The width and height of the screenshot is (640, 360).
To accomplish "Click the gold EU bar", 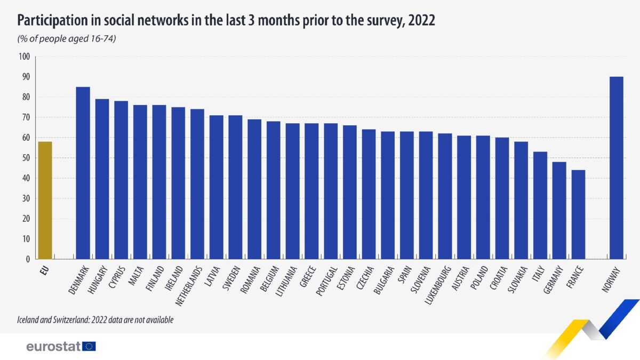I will click(45, 201).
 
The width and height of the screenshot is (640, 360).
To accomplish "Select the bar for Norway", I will click(616, 168).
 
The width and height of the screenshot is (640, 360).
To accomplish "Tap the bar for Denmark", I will click(83, 173).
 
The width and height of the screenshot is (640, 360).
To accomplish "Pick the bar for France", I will click(578, 215).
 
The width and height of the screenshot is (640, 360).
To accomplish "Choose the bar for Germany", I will click(559, 211).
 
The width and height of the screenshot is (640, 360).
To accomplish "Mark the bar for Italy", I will click(540, 206).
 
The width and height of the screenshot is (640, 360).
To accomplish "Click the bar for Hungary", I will click(102, 179).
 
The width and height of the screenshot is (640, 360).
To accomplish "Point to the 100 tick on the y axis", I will click(24, 57).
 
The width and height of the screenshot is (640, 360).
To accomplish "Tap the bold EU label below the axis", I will click(44, 269).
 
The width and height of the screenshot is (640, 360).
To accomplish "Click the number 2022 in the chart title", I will click(421, 21).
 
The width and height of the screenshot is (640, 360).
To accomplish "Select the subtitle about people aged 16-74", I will click(67, 38).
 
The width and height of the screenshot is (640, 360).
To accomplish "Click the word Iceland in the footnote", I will click(29, 320).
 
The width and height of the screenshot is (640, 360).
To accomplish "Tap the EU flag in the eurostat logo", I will click(89, 347).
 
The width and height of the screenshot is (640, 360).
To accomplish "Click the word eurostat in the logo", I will click(53, 347).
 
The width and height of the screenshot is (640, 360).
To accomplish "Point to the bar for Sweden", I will click(235, 187).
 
